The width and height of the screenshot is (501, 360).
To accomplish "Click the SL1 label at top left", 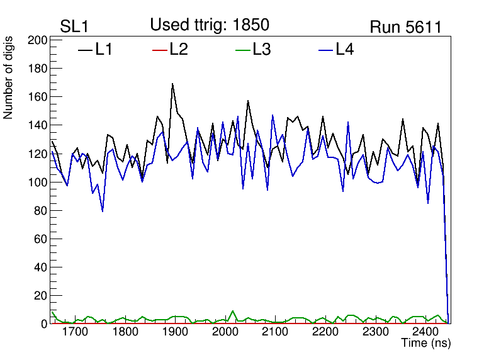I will click(x=74, y=26).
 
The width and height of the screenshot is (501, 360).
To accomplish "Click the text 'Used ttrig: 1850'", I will click(x=210, y=25).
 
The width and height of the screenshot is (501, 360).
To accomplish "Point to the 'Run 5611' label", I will click(x=405, y=27).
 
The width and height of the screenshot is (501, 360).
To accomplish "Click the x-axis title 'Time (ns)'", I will click(x=426, y=343).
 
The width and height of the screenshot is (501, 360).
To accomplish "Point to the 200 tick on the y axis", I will click(x=38, y=40).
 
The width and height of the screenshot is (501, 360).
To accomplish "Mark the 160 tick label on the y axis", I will click(x=38, y=97).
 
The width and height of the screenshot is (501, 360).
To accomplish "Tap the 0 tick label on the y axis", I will click(x=45, y=324).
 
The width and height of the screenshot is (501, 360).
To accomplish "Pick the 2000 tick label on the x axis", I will click(x=225, y=332).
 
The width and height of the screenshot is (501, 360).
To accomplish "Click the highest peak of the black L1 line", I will click(x=172, y=84).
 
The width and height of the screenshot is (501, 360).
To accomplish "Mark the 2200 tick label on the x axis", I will click(x=325, y=332).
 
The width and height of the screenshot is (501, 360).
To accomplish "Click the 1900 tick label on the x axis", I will click(x=174, y=332).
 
